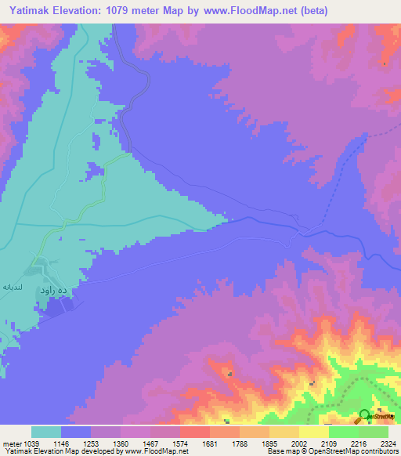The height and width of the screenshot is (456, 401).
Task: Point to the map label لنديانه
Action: pos(18,288)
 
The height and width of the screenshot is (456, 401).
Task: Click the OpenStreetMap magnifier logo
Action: pos(364,415)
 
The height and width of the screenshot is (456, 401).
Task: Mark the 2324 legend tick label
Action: pos(379,443)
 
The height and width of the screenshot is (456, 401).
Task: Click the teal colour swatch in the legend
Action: pos(46,432)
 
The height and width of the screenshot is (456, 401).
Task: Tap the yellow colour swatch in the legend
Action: pos(313,432)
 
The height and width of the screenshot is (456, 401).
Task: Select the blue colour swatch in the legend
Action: pos(76,432)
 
